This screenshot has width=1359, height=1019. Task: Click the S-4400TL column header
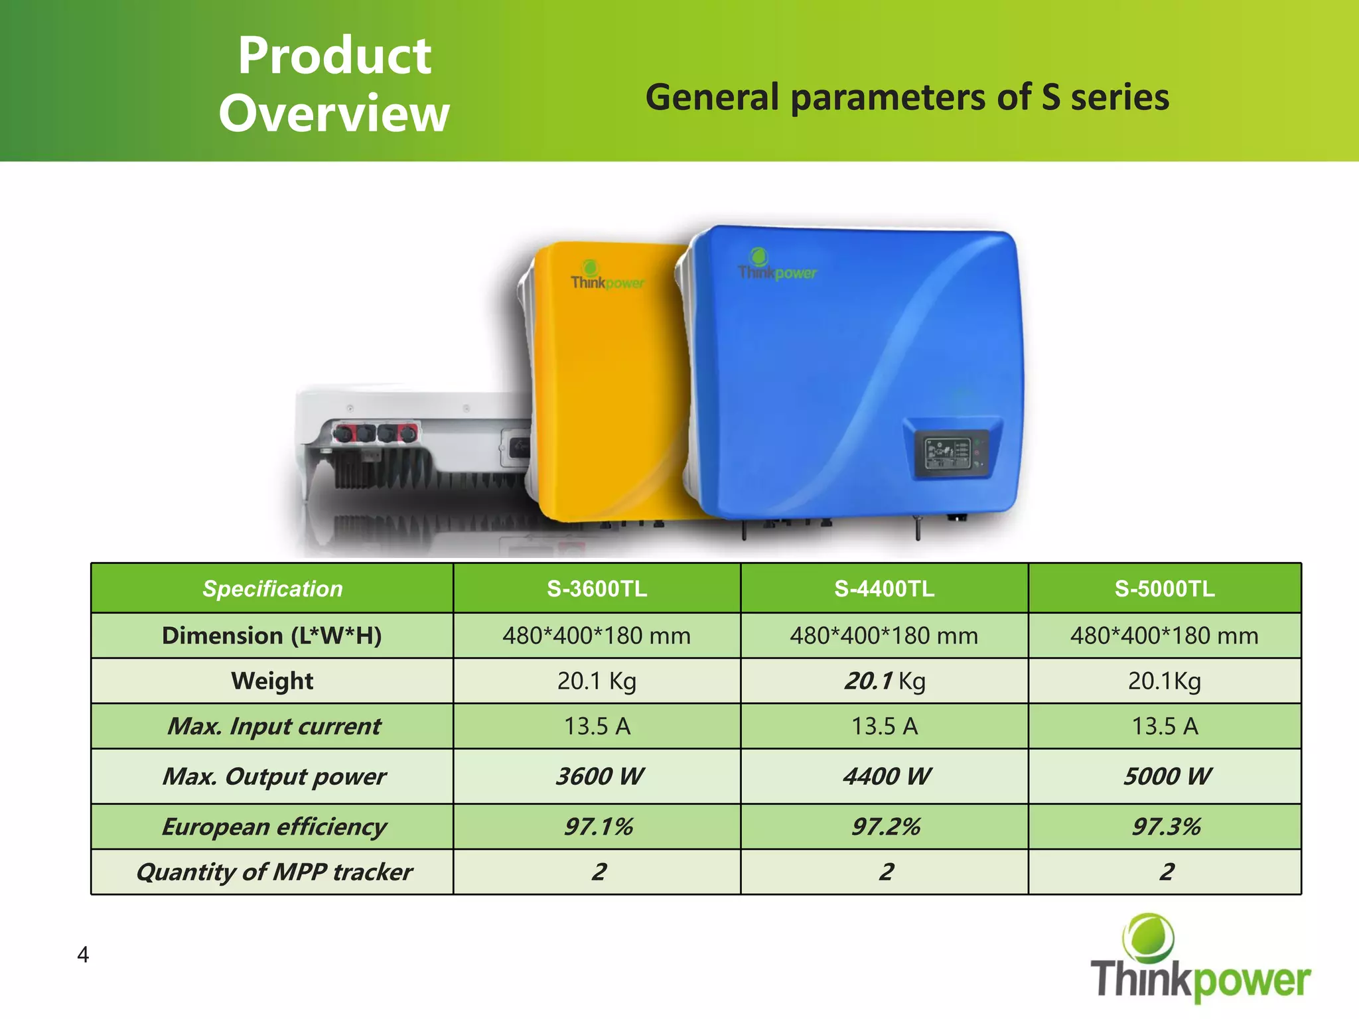tap(884, 588)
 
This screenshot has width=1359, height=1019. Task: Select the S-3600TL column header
tap(597, 588)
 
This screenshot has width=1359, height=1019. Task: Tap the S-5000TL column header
tap(1165, 588)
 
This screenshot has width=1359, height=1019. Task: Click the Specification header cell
tap(272, 588)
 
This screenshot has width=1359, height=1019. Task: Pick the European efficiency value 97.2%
tap(885, 827)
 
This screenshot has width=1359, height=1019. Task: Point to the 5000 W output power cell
tap(1167, 776)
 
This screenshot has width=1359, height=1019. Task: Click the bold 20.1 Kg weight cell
tap(884, 681)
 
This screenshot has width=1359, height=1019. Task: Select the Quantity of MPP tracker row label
tap(274, 872)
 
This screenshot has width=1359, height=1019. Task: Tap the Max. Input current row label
tap(273, 726)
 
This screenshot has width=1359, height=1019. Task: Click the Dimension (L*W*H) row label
tap(272, 636)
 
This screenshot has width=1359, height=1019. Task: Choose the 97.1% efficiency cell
tap(598, 827)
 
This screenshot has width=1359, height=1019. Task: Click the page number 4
tap(83, 955)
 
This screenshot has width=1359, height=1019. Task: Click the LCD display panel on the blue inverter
tap(948, 453)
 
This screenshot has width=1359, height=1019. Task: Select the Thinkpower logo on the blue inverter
tap(776, 267)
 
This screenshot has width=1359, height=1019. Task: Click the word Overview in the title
tap(334, 114)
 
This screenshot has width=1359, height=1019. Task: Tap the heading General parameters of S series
tap(906, 98)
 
